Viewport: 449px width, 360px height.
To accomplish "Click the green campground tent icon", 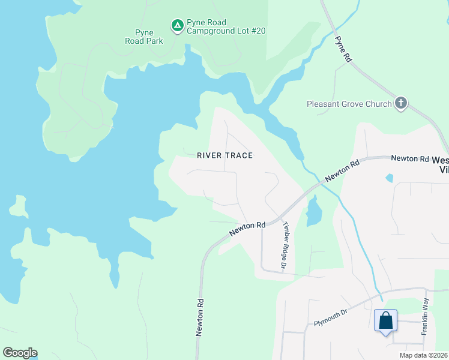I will [177, 26].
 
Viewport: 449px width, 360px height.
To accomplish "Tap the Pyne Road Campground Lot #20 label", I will [226, 26].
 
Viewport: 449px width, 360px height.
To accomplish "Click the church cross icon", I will [401, 104].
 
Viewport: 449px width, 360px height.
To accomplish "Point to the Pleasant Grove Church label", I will [349, 104].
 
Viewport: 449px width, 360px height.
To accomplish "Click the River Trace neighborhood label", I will [225, 155].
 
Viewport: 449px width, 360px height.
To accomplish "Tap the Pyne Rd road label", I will [342, 49].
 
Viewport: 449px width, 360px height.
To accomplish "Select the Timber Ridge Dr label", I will [286, 244].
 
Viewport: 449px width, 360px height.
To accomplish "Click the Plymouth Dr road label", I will [331, 319].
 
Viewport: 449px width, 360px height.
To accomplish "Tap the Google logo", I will [20, 352].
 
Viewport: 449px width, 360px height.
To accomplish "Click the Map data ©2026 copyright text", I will [423, 355].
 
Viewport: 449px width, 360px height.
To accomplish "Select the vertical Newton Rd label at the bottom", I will [199, 318].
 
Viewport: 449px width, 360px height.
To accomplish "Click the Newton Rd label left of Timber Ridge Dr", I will [247, 229].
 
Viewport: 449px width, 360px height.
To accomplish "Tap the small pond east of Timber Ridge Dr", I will [313, 212].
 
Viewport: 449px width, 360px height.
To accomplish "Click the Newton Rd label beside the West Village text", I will [410, 158].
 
